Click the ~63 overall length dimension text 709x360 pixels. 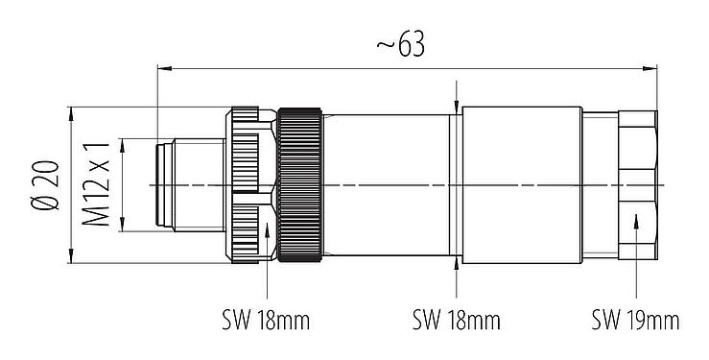pyautogui.click(x=400, y=45)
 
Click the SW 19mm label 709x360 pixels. pyautogui.click(x=635, y=318)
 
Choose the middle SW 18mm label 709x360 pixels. pyautogui.click(x=456, y=318)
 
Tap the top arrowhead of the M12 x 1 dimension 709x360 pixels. pyautogui.click(x=122, y=142)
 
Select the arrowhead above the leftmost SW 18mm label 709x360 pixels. pyautogui.click(x=266, y=228)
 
